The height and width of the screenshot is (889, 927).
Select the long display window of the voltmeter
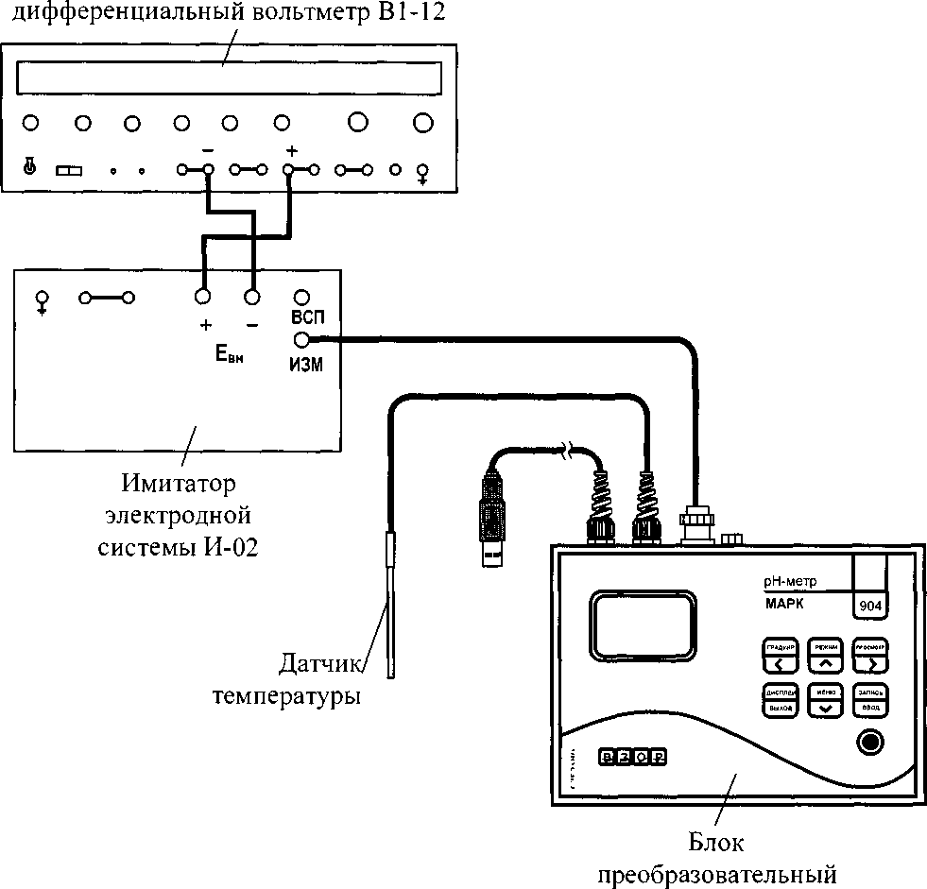pyautogui.click(x=230, y=77)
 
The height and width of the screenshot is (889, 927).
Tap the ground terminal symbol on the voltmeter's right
pyautogui.click(x=422, y=172)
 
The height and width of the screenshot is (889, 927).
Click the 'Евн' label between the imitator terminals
pyautogui.click(x=228, y=356)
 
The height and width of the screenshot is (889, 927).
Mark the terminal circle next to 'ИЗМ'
pyautogui.click(x=301, y=342)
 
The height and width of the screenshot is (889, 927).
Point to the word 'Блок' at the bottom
pyautogui.click(x=716, y=842)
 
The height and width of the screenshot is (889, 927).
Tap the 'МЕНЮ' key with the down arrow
pyautogui.click(x=826, y=699)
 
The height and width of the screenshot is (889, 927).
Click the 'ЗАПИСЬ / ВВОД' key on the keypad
pyautogui.click(x=870, y=699)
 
